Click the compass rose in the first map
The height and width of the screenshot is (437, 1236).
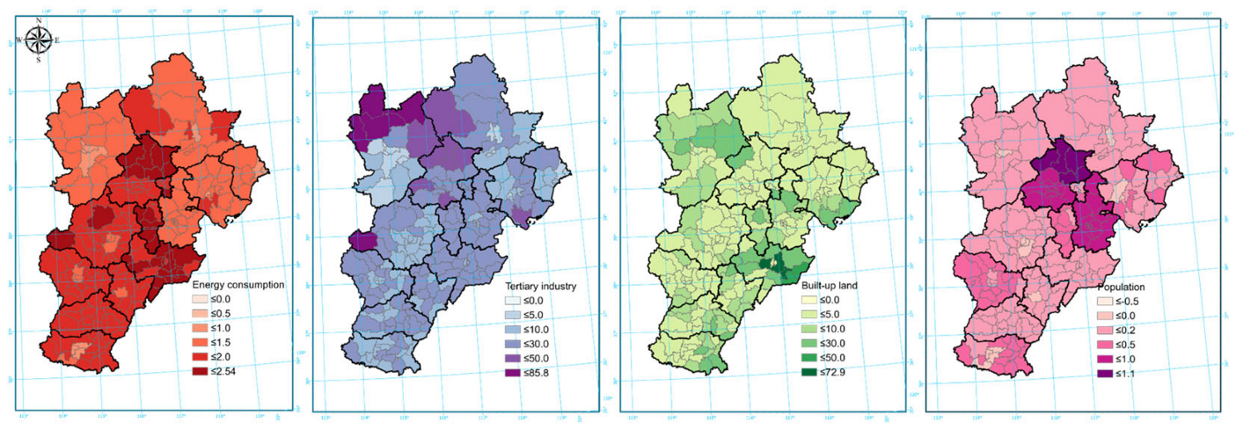click(38, 40)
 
